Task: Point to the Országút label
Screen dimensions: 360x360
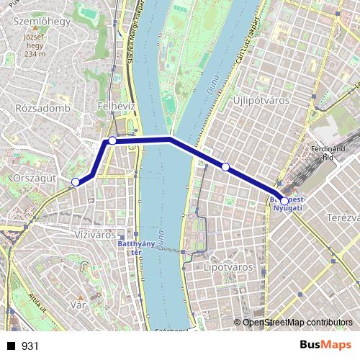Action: [x=34, y=176]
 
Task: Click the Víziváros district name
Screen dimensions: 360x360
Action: [x=96, y=235]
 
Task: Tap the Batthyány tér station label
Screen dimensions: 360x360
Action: [x=135, y=248]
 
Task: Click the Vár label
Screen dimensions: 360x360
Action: [x=78, y=305]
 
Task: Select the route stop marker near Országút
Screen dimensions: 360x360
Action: [x=76, y=182]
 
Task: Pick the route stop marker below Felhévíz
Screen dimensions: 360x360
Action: [x=112, y=140]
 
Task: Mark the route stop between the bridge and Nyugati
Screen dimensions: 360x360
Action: [x=225, y=167]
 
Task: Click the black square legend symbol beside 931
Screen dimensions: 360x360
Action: [x=12, y=346]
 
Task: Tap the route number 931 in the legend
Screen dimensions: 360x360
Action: [x=30, y=346]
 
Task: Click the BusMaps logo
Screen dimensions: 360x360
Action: [x=325, y=346]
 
